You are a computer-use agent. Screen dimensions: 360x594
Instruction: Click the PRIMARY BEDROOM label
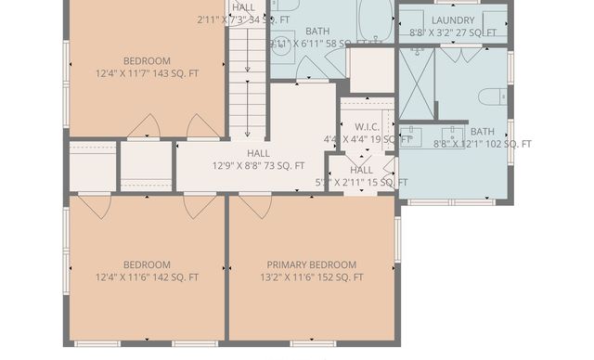click(311, 264)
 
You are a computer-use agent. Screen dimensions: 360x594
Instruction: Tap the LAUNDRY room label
click(453, 19)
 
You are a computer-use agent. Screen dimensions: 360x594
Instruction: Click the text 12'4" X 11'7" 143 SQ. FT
click(147, 74)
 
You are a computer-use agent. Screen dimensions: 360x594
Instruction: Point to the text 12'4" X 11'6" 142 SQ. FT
click(147, 277)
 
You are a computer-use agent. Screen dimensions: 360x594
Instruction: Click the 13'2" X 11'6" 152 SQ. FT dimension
click(311, 277)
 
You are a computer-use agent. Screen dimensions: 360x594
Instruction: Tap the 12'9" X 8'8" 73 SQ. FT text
click(258, 166)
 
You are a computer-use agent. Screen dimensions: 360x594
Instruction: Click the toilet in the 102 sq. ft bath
click(491, 96)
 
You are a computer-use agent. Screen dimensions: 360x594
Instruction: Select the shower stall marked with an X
click(416, 84)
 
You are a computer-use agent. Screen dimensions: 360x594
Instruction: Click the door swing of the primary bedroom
click(253, 207)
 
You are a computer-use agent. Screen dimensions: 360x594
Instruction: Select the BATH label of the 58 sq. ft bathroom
click(317, 32)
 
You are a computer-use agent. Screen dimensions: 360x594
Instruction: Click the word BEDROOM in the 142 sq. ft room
click(147, 264)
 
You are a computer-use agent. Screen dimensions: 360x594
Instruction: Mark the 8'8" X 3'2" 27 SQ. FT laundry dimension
click(453, 32)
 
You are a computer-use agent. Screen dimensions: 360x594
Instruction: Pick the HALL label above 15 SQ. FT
click(361, 170)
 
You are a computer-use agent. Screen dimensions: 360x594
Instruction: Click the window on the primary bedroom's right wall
click(397, 238)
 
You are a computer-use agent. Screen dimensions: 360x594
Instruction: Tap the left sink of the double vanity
click(412, 135)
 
